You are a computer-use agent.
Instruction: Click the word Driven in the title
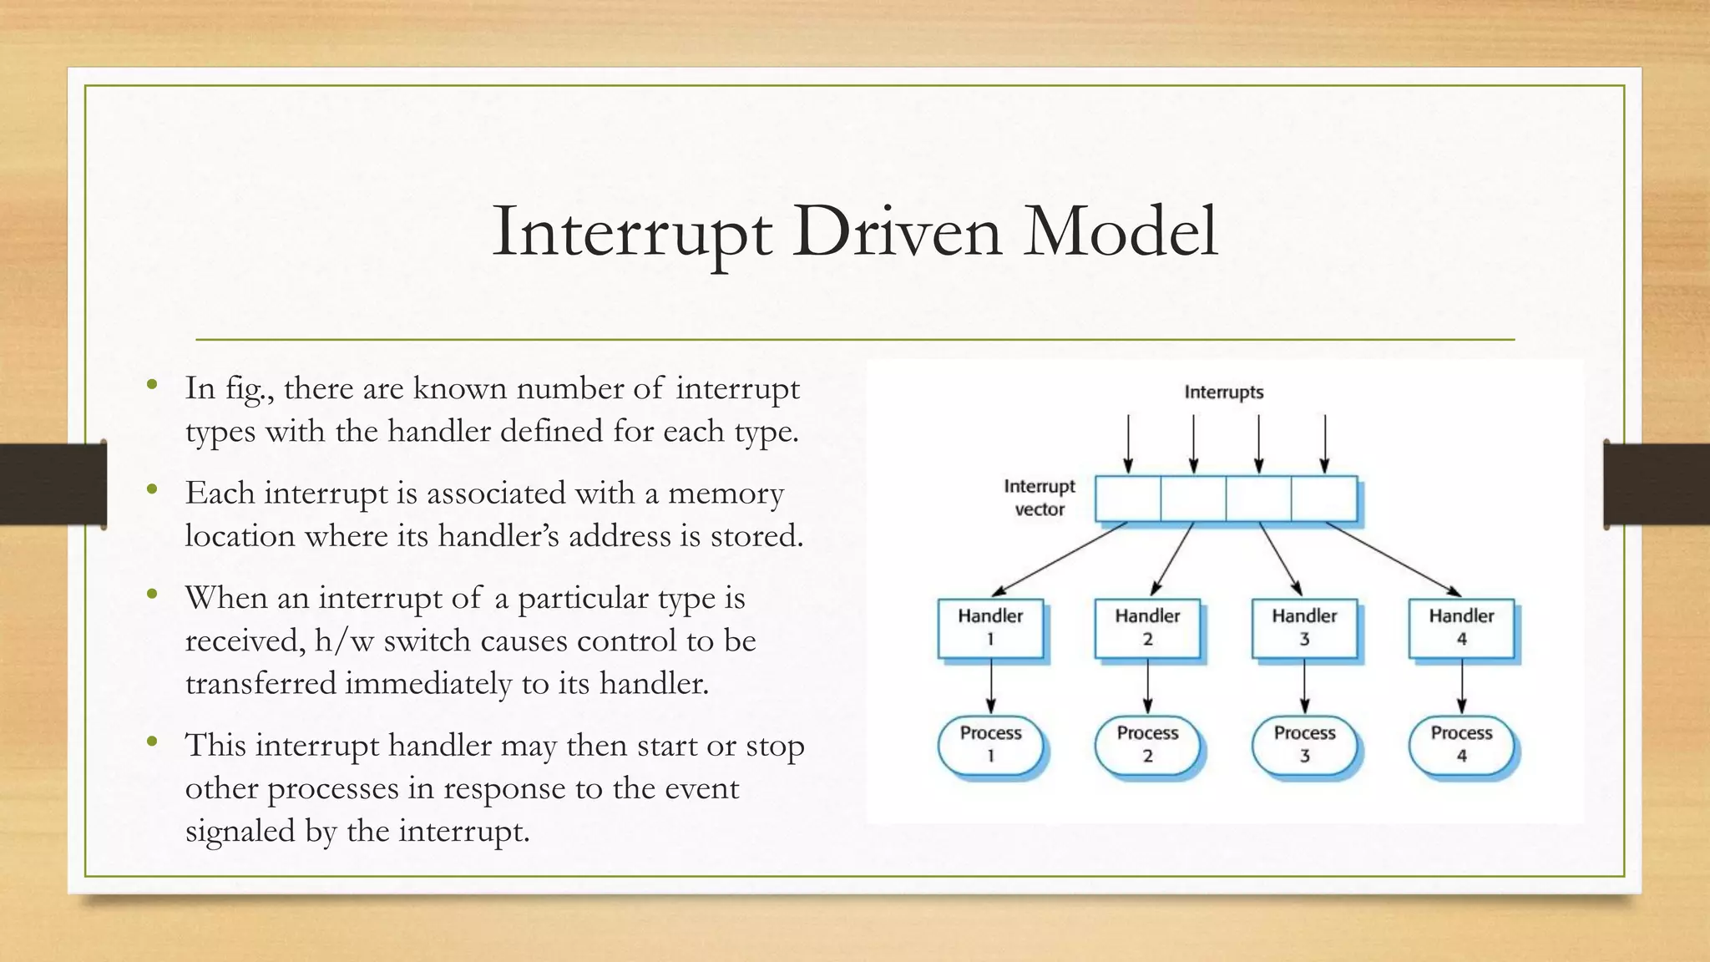click(897, 231)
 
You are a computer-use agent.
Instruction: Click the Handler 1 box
click(990, 628)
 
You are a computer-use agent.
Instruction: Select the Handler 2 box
click(1147, 628)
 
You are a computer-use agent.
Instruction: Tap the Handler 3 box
click(1304, 628)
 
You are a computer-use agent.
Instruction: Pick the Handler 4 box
click(1461, 628)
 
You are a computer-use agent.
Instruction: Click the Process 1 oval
click(990, 744)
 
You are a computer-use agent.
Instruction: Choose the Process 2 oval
click(1147, 744)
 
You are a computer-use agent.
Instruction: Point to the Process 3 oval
click(1304, 744)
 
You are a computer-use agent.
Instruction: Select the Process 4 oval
click(1461, 744)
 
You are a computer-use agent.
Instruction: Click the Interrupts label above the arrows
click(1223, 392)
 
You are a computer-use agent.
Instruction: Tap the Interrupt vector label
click(1040, 498)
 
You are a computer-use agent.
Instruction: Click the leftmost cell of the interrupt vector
click(1128, 499)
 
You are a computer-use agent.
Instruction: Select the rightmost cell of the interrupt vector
click(1324, 499)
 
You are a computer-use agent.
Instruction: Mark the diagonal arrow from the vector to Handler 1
click(1060, 559)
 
